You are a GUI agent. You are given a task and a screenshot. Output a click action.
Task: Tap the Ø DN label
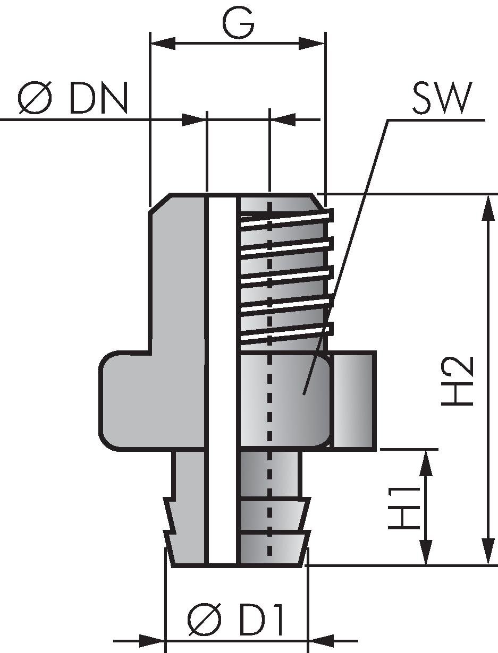coord(73,99)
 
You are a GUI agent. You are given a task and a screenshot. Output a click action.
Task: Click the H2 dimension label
coord(458,381)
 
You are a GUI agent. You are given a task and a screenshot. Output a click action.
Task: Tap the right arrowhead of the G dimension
coord(312,43)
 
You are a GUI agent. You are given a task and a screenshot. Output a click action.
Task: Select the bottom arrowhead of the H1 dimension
coord(425,552)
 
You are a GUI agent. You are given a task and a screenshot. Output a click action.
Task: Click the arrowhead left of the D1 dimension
coord(151,641)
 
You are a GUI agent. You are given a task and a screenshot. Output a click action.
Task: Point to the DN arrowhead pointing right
coord(193,119)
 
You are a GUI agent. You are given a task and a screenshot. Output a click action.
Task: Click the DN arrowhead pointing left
coord(283,119)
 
